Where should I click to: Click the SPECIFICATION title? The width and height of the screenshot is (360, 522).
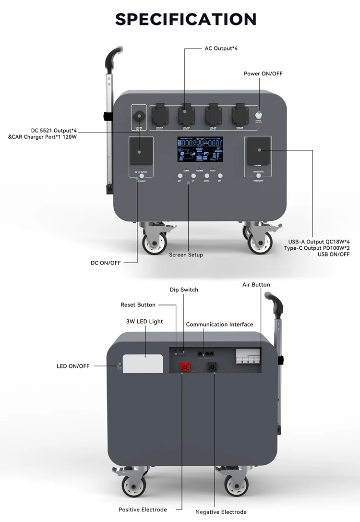coord(186,19)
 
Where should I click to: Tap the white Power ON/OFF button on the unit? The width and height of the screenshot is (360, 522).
coord(259,116)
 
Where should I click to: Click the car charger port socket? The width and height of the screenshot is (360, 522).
coord(139,116)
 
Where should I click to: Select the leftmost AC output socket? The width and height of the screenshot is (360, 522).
coord(159,116)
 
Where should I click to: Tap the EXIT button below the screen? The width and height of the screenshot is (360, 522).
coord(219,176)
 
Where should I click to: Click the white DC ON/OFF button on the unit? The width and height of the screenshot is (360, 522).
coord(142,176)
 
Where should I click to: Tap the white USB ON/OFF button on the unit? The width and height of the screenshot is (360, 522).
coord(259,176)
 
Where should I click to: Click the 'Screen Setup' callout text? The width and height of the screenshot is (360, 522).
coord(186,255)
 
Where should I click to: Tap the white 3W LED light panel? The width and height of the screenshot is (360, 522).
coord(143,363)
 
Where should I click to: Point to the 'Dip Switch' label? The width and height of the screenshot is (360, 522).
coord(184,290)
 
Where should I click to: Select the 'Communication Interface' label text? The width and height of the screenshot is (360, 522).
coord(219,325)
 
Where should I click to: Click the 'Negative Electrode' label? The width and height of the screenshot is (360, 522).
coord(221,512)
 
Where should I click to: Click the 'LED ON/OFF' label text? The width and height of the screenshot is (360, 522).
coord(73,366)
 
